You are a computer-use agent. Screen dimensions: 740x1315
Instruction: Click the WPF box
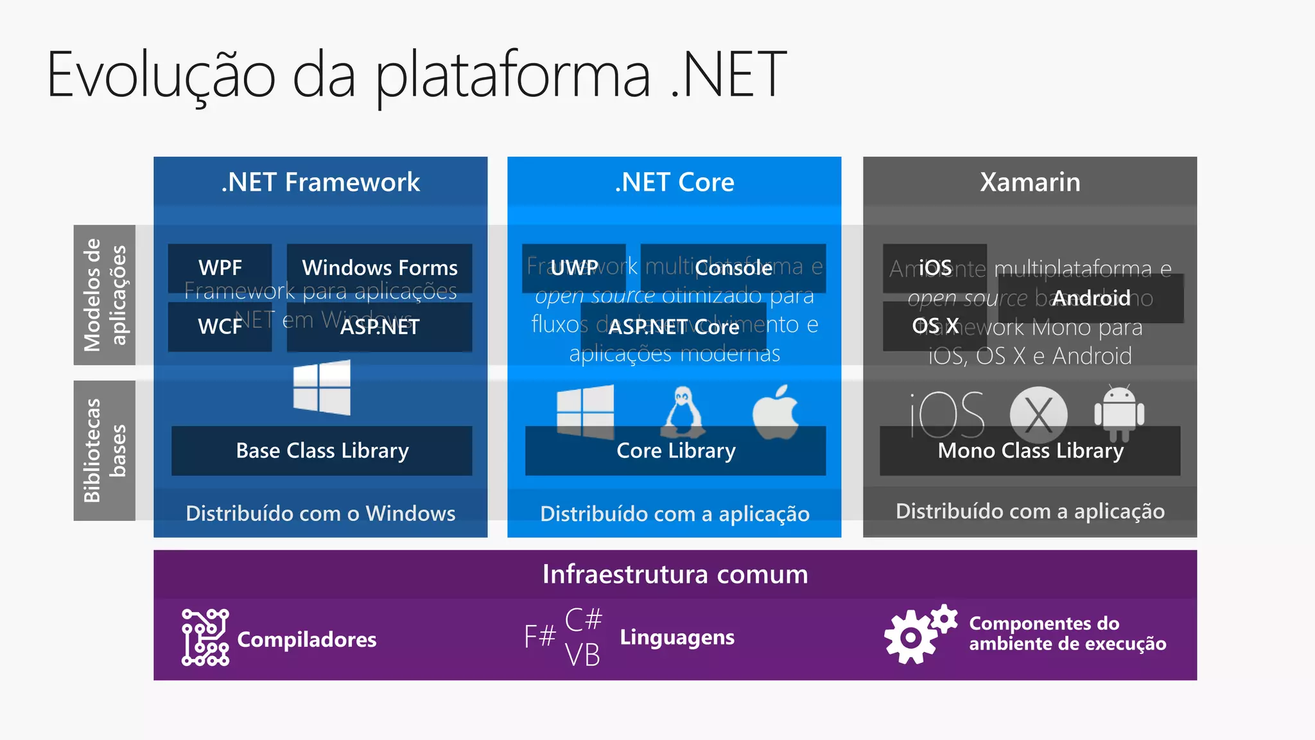[220, 268]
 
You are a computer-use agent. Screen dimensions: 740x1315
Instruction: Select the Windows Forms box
[379, 268]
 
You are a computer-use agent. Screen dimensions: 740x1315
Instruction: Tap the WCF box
[220, 326]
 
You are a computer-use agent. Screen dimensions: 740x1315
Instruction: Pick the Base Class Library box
[322, 451]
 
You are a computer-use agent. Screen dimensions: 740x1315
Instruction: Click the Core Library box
[675, 451]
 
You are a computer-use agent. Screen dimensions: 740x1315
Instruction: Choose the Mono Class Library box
[1030, 451]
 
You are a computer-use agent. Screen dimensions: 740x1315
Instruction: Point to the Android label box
[1091, 298]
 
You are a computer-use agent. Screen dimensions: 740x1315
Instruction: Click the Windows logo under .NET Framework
[322, 387]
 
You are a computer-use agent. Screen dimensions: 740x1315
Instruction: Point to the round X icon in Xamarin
[1038, 414]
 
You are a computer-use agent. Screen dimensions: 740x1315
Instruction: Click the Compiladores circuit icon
[205, 637]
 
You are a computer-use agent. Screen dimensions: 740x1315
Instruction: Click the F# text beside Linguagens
[539, 637]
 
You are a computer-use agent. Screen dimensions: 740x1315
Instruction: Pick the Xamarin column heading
[1030, 182]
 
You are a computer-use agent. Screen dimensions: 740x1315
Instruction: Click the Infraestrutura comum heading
[675, 574]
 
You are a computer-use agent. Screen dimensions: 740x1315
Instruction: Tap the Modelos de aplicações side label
[105, 295]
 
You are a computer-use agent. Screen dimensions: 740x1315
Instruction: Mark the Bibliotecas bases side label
[105, 450]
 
